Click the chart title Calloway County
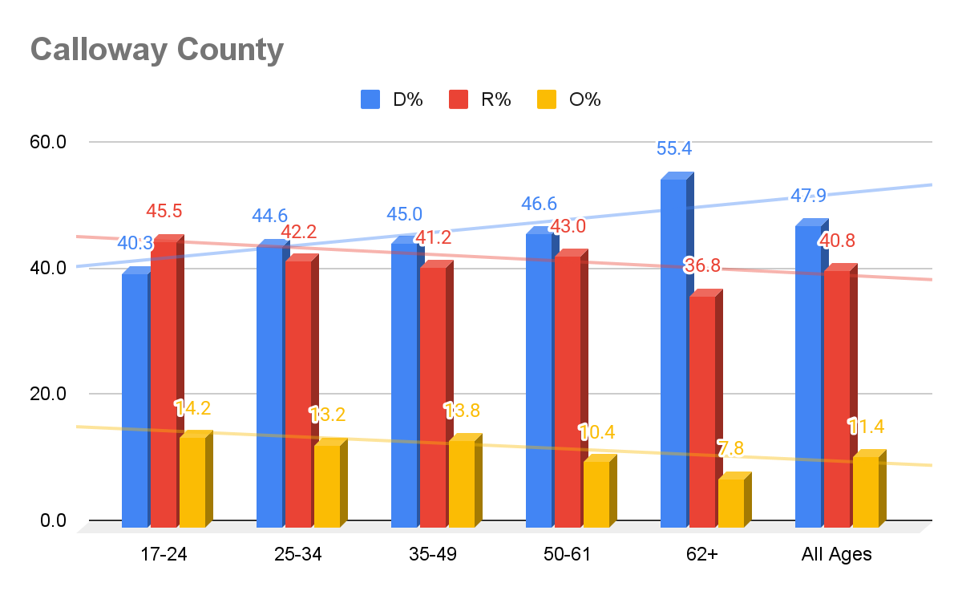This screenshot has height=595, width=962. [157, 50]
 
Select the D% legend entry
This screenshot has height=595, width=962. [391, 99]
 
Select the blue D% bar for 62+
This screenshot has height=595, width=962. [673, 353]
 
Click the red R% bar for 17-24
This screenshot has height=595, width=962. [164, 385]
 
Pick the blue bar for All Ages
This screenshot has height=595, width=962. [808, 377]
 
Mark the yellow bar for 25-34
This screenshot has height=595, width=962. [327, 486]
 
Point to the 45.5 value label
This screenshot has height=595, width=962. [164, 212]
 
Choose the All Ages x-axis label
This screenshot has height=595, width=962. [837, 554]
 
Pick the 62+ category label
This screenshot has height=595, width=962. [702, 554]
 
